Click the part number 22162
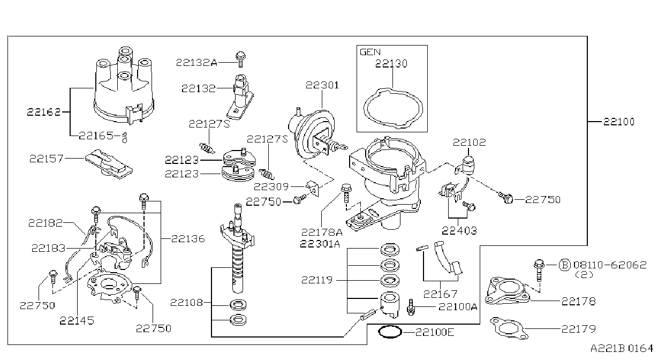(43, 112)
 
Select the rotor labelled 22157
(109, 164)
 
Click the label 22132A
(196, 63)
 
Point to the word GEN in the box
(370, 52)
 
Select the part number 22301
(322, 85)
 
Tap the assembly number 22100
(618, 122)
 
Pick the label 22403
(459, 231)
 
